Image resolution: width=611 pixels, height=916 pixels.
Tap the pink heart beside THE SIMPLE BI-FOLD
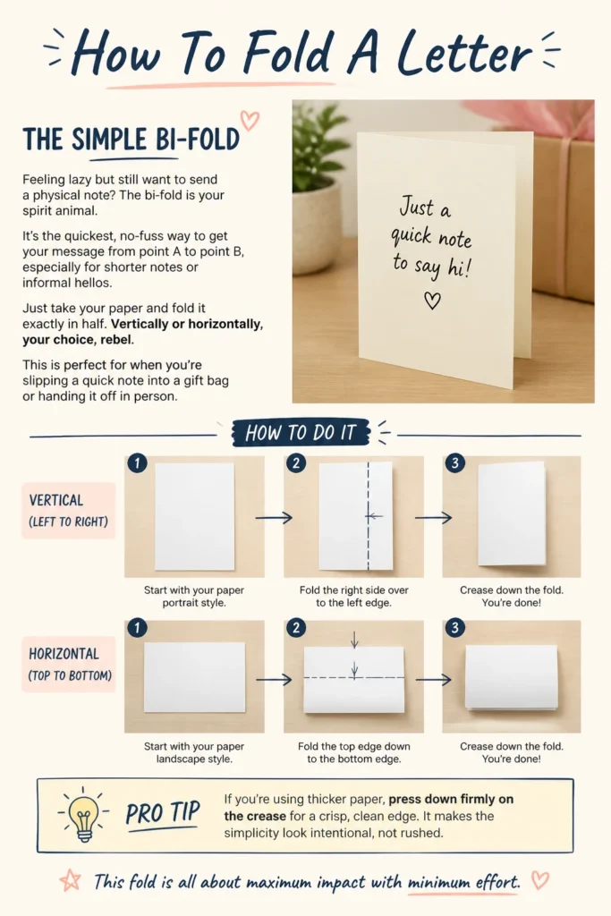click(250, 121)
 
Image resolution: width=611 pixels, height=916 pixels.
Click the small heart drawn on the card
click(432, 301)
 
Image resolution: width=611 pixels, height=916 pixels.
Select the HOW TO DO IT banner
click(301, 432)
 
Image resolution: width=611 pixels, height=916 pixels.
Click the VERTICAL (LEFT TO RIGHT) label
click(68, 511)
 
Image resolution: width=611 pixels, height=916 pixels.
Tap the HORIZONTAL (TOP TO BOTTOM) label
click(69, 665)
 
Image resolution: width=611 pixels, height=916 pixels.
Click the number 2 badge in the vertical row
click(296, 463)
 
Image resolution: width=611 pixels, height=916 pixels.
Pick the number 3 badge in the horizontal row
click(455, 628)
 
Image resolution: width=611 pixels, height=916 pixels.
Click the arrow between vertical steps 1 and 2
click(274, 517)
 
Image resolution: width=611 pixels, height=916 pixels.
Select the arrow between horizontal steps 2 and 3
click(433, 679)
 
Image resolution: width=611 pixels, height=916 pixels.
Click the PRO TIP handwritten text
click(163, 813)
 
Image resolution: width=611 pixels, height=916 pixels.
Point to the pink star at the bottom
click(70, 880)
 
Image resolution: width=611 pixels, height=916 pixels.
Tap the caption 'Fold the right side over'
click(354, 590)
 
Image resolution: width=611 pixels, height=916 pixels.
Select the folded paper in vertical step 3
click(513, 514)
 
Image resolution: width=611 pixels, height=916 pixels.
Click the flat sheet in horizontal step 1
click(194, 677)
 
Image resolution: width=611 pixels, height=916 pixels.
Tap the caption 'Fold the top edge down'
click(354, 746)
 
